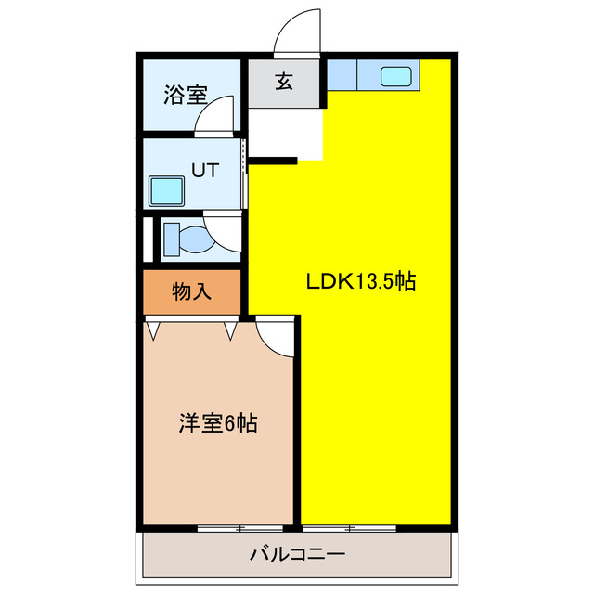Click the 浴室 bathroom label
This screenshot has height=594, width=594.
pos(185,94)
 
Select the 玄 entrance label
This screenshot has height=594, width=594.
pos(284,82)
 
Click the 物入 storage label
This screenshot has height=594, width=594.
pos(192,291)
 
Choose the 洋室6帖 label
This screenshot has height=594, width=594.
pos(218,424)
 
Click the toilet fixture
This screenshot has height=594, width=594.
pos(189,238)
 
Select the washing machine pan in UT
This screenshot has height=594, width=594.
pos(167,192)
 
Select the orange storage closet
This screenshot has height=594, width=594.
pos(192,291)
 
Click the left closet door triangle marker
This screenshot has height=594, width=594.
pos(154,328)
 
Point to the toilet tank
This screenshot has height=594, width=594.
pos(171,238)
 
